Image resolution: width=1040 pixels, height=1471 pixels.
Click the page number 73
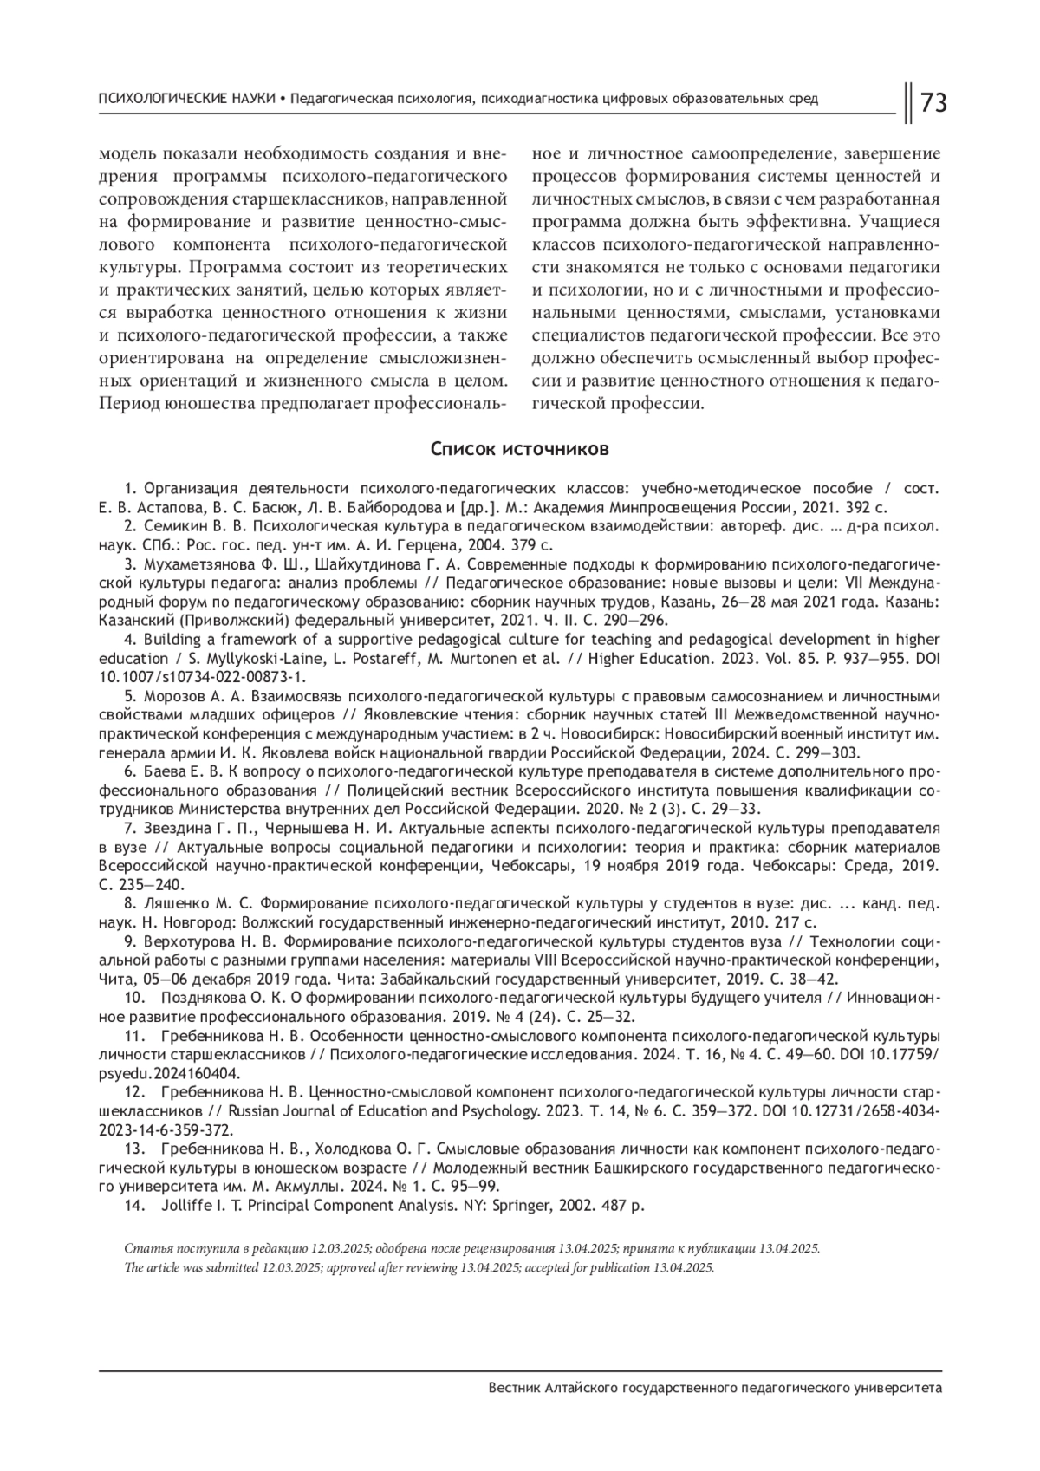coord(933,103)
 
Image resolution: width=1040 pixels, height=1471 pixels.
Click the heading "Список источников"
coord(520,449)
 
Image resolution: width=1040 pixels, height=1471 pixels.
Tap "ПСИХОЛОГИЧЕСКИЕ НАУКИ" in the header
coord(187,99)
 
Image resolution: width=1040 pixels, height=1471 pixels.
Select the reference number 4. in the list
coord(131,640)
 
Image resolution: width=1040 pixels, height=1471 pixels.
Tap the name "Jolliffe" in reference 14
coord(185,1206)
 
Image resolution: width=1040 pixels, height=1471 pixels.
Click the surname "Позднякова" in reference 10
coord(193,998)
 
